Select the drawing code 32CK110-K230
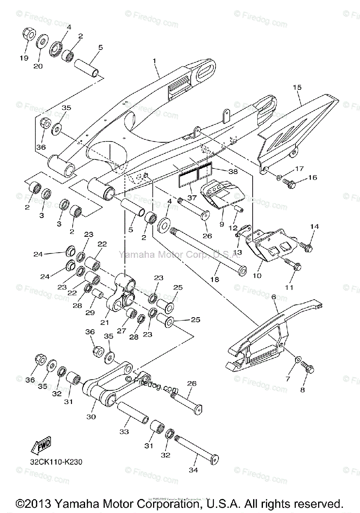tap(56, 462)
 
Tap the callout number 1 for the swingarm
tap(155, 61)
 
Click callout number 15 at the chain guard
tap(297, 87)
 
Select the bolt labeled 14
tap(307, 247)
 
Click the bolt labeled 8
tap(307, 367)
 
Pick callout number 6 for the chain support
tap(274, 297)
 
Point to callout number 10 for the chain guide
tap(257, 276)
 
